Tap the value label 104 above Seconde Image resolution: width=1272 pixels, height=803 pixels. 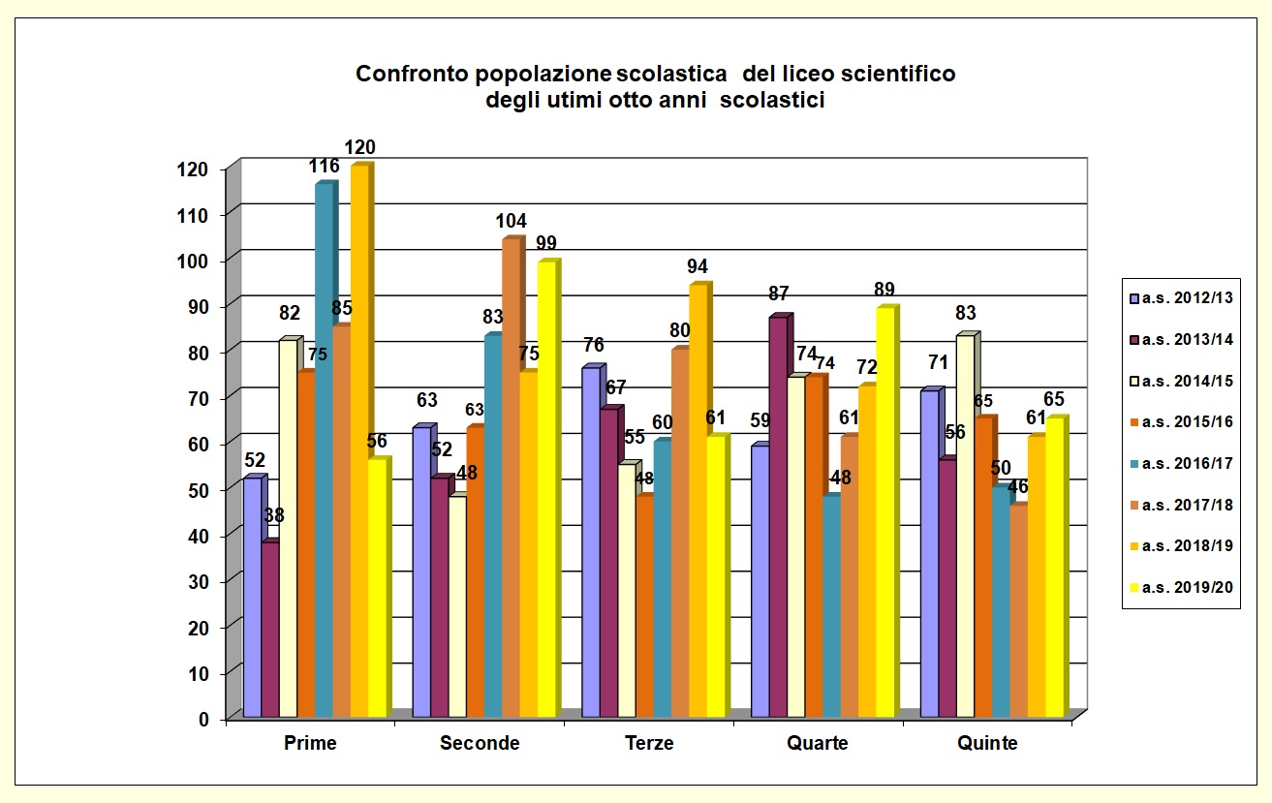pos(511,221)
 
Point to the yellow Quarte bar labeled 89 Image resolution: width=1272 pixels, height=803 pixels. pos(884,512)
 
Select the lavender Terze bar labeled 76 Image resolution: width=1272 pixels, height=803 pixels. pos(590,542)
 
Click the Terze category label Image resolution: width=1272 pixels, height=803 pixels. pos(649,744)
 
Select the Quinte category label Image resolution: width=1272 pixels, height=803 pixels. pos(987,744)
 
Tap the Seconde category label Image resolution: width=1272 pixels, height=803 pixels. pos(480,744)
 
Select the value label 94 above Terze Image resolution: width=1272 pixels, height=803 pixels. pos(698,266)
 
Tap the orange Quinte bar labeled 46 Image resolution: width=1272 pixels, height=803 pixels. pos(1017,611)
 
